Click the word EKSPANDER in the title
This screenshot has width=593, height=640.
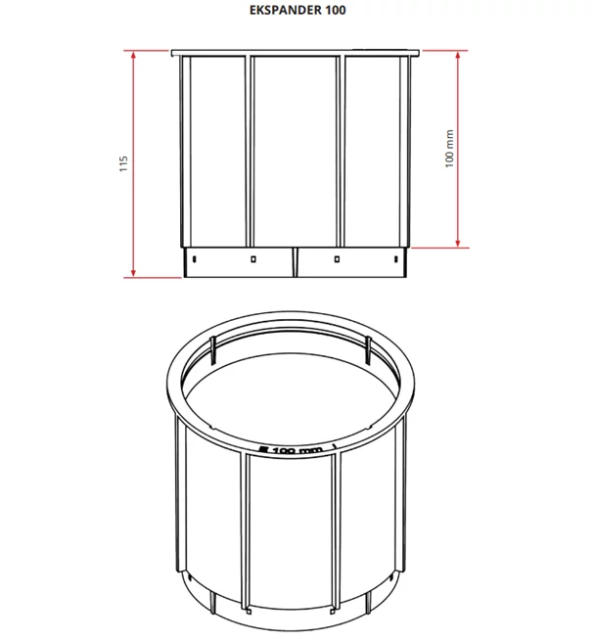click(x=286, y=10)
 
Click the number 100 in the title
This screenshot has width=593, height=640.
click(x=336, y=10)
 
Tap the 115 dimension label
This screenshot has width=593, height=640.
click(x=123, y=163)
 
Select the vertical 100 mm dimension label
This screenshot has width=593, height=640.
click(x=449, y=149)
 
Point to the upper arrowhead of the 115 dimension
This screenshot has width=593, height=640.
click(x=133, y=55)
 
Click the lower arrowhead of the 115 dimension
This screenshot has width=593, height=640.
click(x=133, y=273)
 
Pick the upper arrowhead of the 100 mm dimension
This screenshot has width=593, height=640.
click(x=458, y=55)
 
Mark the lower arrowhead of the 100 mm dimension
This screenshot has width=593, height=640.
click(x=458, y=243)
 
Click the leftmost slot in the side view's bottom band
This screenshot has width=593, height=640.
click(x=195, y=258)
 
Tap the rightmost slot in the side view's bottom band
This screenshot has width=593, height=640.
click(x=395, y=258)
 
